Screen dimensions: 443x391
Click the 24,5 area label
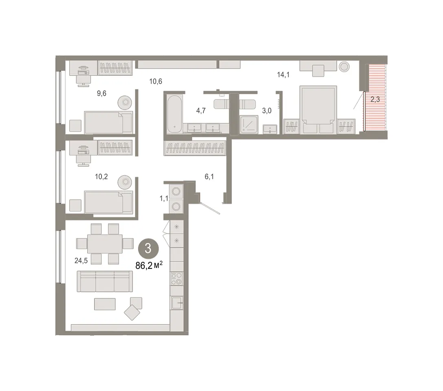(x=81, y=261)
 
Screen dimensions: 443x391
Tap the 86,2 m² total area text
(x=149, y=266)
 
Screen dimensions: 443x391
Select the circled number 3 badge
(x=148, y=249)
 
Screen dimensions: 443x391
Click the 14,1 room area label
(x=283, y=75)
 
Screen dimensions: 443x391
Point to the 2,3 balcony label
(x=375, y=99)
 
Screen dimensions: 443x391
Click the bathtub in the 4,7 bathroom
(x=174, y=114)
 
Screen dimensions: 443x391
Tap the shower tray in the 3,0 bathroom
(x=249, y=124)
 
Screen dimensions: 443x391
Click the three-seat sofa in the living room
(x=105, y=281)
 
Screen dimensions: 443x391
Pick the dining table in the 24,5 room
(x=105, y=244)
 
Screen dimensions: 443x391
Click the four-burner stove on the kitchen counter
(x=176, y=278)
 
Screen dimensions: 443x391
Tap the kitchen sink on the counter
(x=177, y=303)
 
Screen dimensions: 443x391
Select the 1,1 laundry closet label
(x=164, y=198)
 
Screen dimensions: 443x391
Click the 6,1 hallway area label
(x=209, y=177)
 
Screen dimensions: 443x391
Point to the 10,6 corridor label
(x=156, y=81)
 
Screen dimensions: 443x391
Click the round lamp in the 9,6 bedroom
(x=125, y=102)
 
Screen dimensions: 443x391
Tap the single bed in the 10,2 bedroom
(x=108, y=202)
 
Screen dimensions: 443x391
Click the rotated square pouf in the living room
(x=132, y=312)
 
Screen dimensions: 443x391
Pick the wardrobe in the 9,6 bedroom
(x=115, y=68)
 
